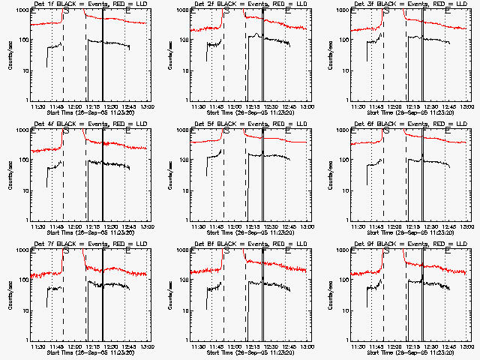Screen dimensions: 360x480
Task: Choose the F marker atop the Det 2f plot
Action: [x=263, y=12]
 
